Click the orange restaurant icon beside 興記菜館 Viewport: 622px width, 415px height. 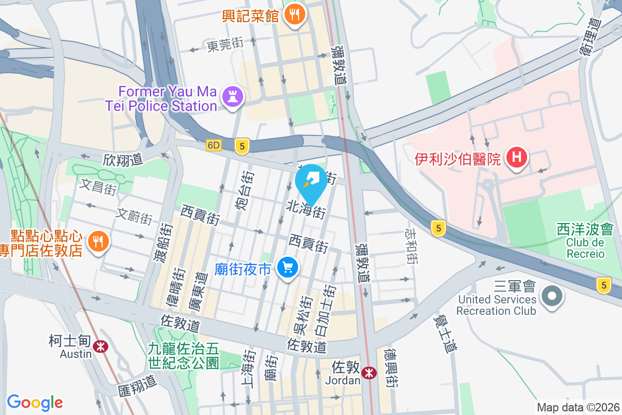coord(295,15)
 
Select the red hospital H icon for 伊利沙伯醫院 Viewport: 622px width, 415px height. coord(517,156)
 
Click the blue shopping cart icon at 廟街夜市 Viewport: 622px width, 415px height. coord(288,268)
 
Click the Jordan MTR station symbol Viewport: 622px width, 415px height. coord(369,372)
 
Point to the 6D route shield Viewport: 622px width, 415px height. coord(213,146)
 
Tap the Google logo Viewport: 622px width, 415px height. coord(35,402)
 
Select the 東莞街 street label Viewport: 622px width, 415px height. coord(225,46)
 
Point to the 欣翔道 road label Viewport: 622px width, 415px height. coord(122,160)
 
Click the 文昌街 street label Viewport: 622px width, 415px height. coord(98,187)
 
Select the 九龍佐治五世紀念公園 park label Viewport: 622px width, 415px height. coord(184,355)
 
